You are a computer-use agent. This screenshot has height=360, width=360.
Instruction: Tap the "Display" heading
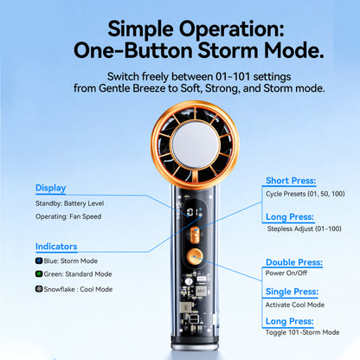(x=50, y=188)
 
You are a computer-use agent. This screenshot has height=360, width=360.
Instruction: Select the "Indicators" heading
(x=56, y=247)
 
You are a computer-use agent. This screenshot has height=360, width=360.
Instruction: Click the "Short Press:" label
(x=293, y=182)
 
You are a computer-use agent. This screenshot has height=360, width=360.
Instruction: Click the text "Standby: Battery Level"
(x=72, y=203)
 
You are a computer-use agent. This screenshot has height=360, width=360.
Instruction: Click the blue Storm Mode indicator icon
(x=39, y=260)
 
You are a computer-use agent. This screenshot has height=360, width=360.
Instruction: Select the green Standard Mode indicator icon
(x=39, y=274)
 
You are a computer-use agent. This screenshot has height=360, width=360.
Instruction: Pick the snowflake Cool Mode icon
(x=39, y=289)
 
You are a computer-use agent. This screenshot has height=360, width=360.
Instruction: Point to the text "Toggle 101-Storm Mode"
(x=302, y=332)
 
